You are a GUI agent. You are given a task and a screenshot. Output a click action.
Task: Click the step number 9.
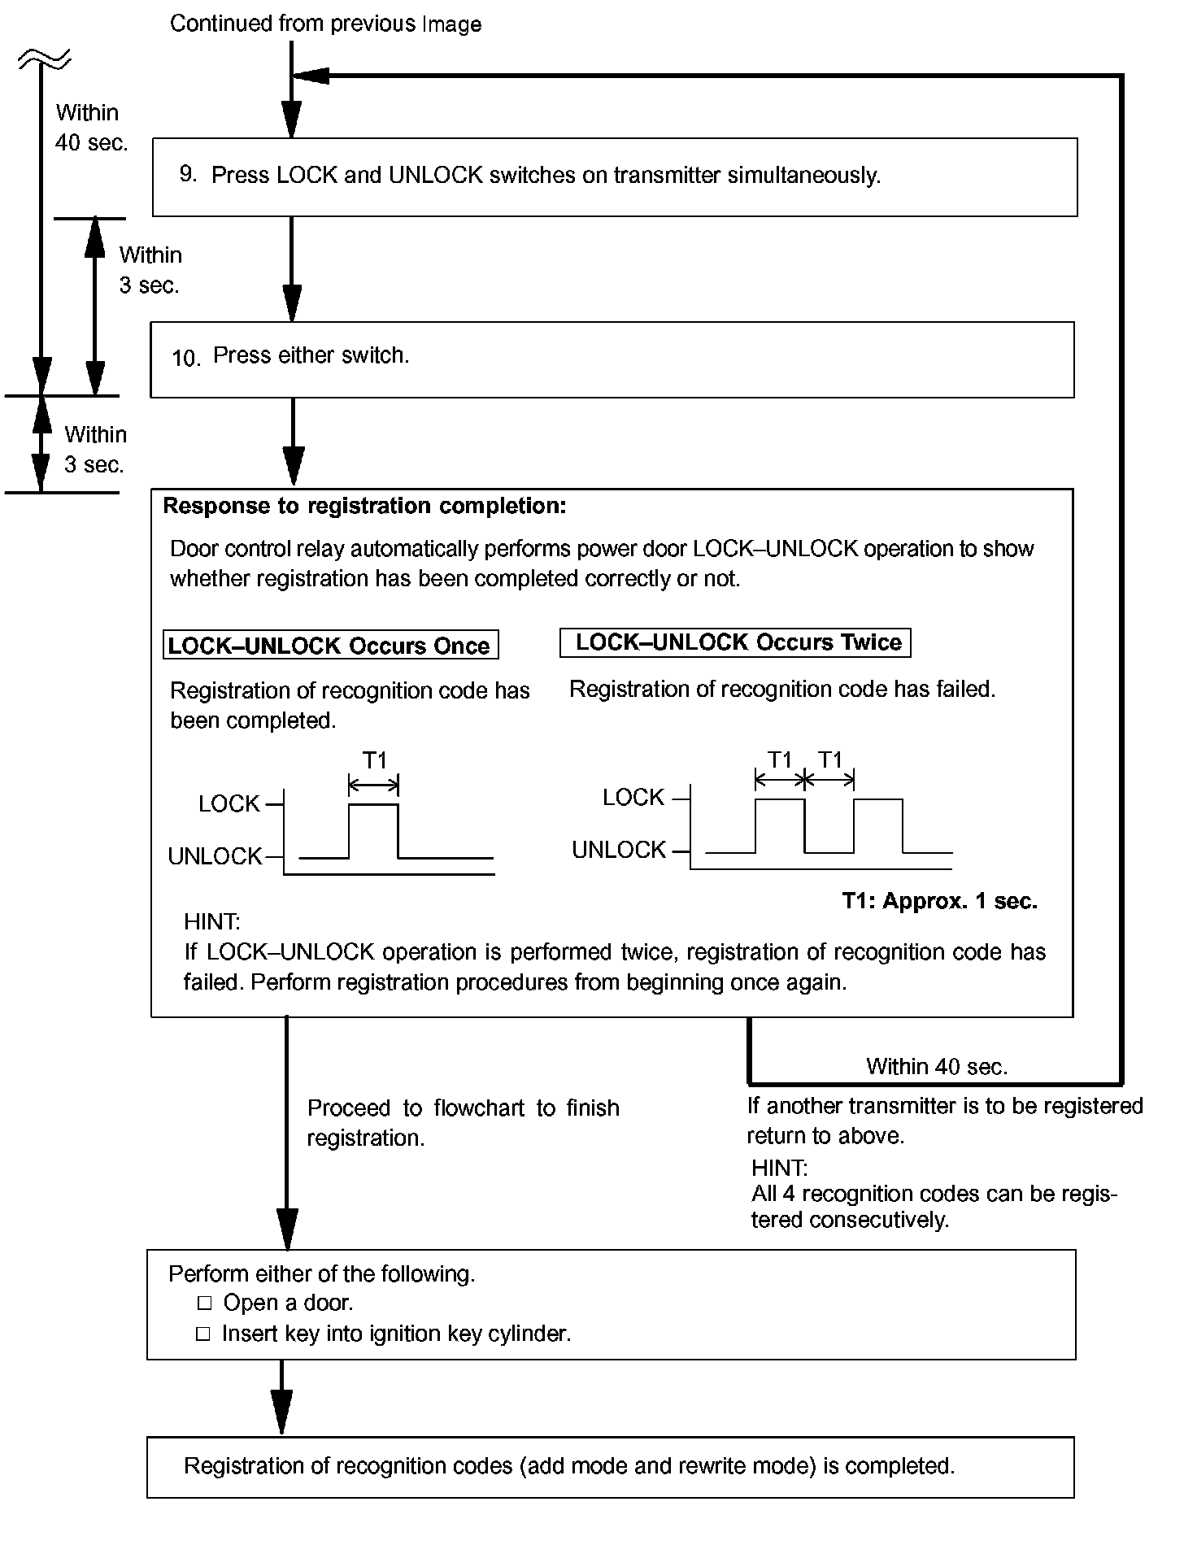tap(188, 174)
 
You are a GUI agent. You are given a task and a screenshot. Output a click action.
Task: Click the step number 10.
tap(185, 358)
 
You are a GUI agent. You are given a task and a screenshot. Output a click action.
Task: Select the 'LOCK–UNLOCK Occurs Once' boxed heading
tap(329, 646)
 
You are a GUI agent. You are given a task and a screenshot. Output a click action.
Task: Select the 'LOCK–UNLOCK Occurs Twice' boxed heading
tap(738, 642)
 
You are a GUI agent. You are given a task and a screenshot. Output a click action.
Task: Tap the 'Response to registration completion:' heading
tap(364, 506)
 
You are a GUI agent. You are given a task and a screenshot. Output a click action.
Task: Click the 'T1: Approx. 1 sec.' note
tap(939, 901)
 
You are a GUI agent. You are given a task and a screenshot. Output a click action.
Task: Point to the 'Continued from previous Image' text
tap(325, 24)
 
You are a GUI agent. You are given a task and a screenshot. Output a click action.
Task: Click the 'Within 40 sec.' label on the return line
tap(937, 1067)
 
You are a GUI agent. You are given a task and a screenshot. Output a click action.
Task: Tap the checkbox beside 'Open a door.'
tap(204, 1303)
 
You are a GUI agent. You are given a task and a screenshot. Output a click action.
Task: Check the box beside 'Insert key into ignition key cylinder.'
tap(204, 1334)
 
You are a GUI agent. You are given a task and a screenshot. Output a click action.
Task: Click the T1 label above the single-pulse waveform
tap(374, 760)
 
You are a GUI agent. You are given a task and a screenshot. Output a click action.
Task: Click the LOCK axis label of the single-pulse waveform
tap(229, 804)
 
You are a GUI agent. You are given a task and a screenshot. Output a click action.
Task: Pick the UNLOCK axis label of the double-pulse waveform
tap(619, 850)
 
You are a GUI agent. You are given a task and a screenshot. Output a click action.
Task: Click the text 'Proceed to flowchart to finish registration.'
tap(463, 1122)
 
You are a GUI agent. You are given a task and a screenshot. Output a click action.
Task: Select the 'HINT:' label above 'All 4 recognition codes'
tap(779, 1168)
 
